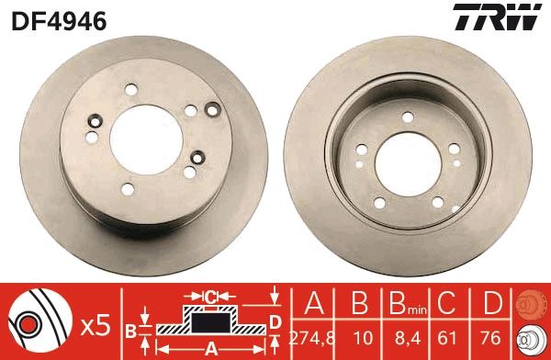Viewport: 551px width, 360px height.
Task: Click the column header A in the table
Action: coord(311,304)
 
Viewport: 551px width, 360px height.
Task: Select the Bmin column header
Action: coord(405,305)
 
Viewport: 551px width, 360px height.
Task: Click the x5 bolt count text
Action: coord(96,325)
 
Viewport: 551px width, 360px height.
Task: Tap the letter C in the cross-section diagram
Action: coord(210,296)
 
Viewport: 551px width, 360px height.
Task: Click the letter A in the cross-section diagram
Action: coord(210,348)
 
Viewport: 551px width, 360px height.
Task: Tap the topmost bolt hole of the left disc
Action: coord(129,90)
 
